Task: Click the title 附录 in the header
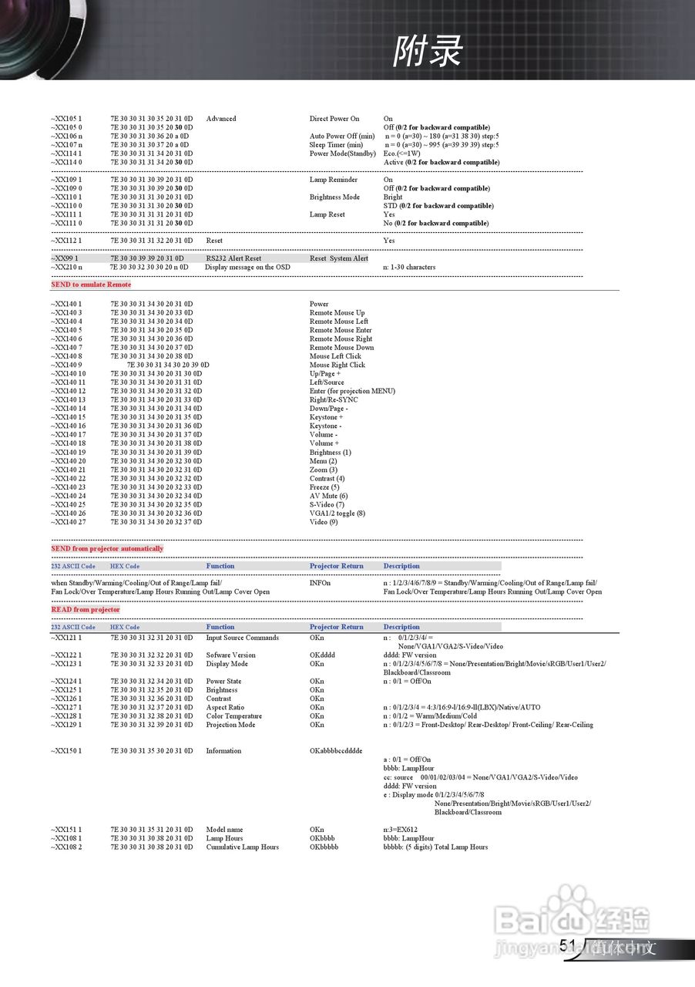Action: coord(428,52)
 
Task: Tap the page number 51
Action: coord(568,946)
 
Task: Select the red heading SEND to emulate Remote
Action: coord(91,285)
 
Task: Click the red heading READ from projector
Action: coord(86,610)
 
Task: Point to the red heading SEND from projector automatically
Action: coord(107,549)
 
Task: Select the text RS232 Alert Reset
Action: coord(233,258)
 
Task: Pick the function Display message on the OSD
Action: coord(247,268)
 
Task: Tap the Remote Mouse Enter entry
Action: coord(341,330)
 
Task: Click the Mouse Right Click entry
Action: coord(337,365)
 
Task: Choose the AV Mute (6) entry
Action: coord(328,496)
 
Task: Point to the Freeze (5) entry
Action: coord(324,487)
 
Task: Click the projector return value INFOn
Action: coord(320,583)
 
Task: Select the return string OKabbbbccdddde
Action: coord(336,751)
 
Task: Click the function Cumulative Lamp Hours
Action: coord(242,847)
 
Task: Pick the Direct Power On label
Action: coord(334,119)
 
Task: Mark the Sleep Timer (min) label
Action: coord(336,145)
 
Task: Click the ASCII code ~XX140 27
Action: coord(68,522)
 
